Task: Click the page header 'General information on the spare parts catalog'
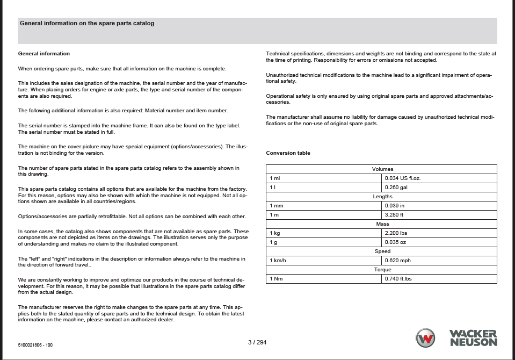pyautogui.click(x=87, y=24)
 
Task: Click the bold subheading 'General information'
pyautogui.click(x=44, y=54)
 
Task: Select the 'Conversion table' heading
pyautogui.click(x=288, y=153)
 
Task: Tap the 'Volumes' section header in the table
pyautogui.click(x=382, y=169)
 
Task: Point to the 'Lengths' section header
pyautogui.click(x=382, y=197)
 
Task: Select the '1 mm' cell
pyautogui.click(x=277, y=206)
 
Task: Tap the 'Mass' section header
pyautogui.click(x=382, y=224)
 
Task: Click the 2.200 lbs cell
pyautogui.click(x=396, y=233)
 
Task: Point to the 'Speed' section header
pyautogui.click(x=382, y=251)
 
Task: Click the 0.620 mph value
pyautogui.click(x=397, y=261)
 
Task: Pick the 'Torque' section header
pyautogui.click(x=382, y=270)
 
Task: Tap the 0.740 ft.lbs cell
pyautogui.click(x=398, y=279)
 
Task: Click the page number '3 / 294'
pyautogui.click(x=257, y=342)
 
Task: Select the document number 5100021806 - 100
pyautogui.click(x=35, y=345)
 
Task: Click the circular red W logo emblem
pyautogui.click(x=426, y=338)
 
